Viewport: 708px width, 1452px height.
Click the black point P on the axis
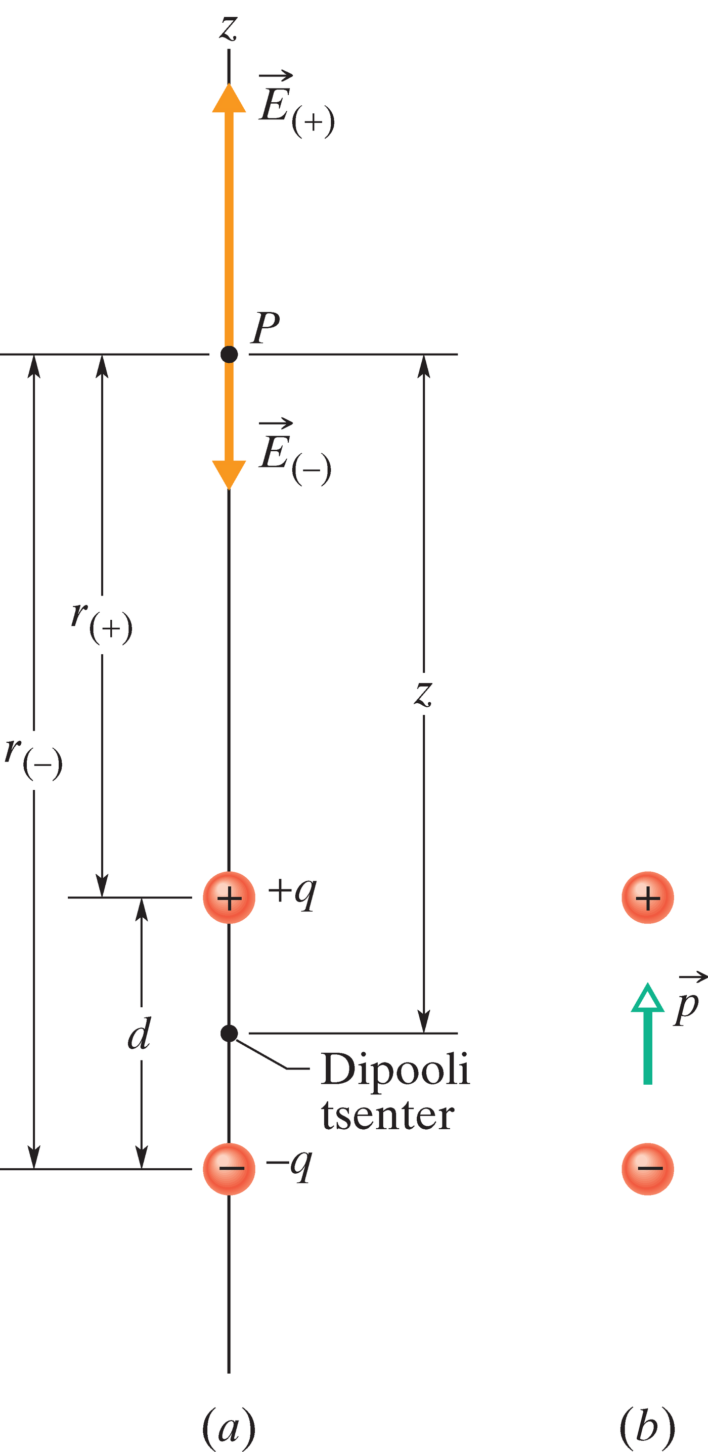click(229, 355)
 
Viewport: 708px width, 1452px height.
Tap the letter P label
click(265, 327)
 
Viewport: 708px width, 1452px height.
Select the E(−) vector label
click(294, 454)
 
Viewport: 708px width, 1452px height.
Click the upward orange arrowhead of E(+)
click(229, 99)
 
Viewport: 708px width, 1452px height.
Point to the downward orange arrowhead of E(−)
click(229, 474)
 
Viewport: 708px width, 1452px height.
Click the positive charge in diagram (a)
click(229, 898)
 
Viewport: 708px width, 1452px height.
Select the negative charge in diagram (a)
click(229, 1169)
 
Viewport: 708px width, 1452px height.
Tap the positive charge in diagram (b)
click(647, 898)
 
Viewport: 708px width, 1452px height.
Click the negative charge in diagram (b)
click(647, 1169)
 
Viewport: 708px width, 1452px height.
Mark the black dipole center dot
click(229, 1033)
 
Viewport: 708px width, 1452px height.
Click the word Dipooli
click(394, 1070)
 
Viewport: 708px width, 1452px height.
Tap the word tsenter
click(387, 1115)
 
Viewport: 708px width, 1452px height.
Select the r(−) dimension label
click(34, 759)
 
